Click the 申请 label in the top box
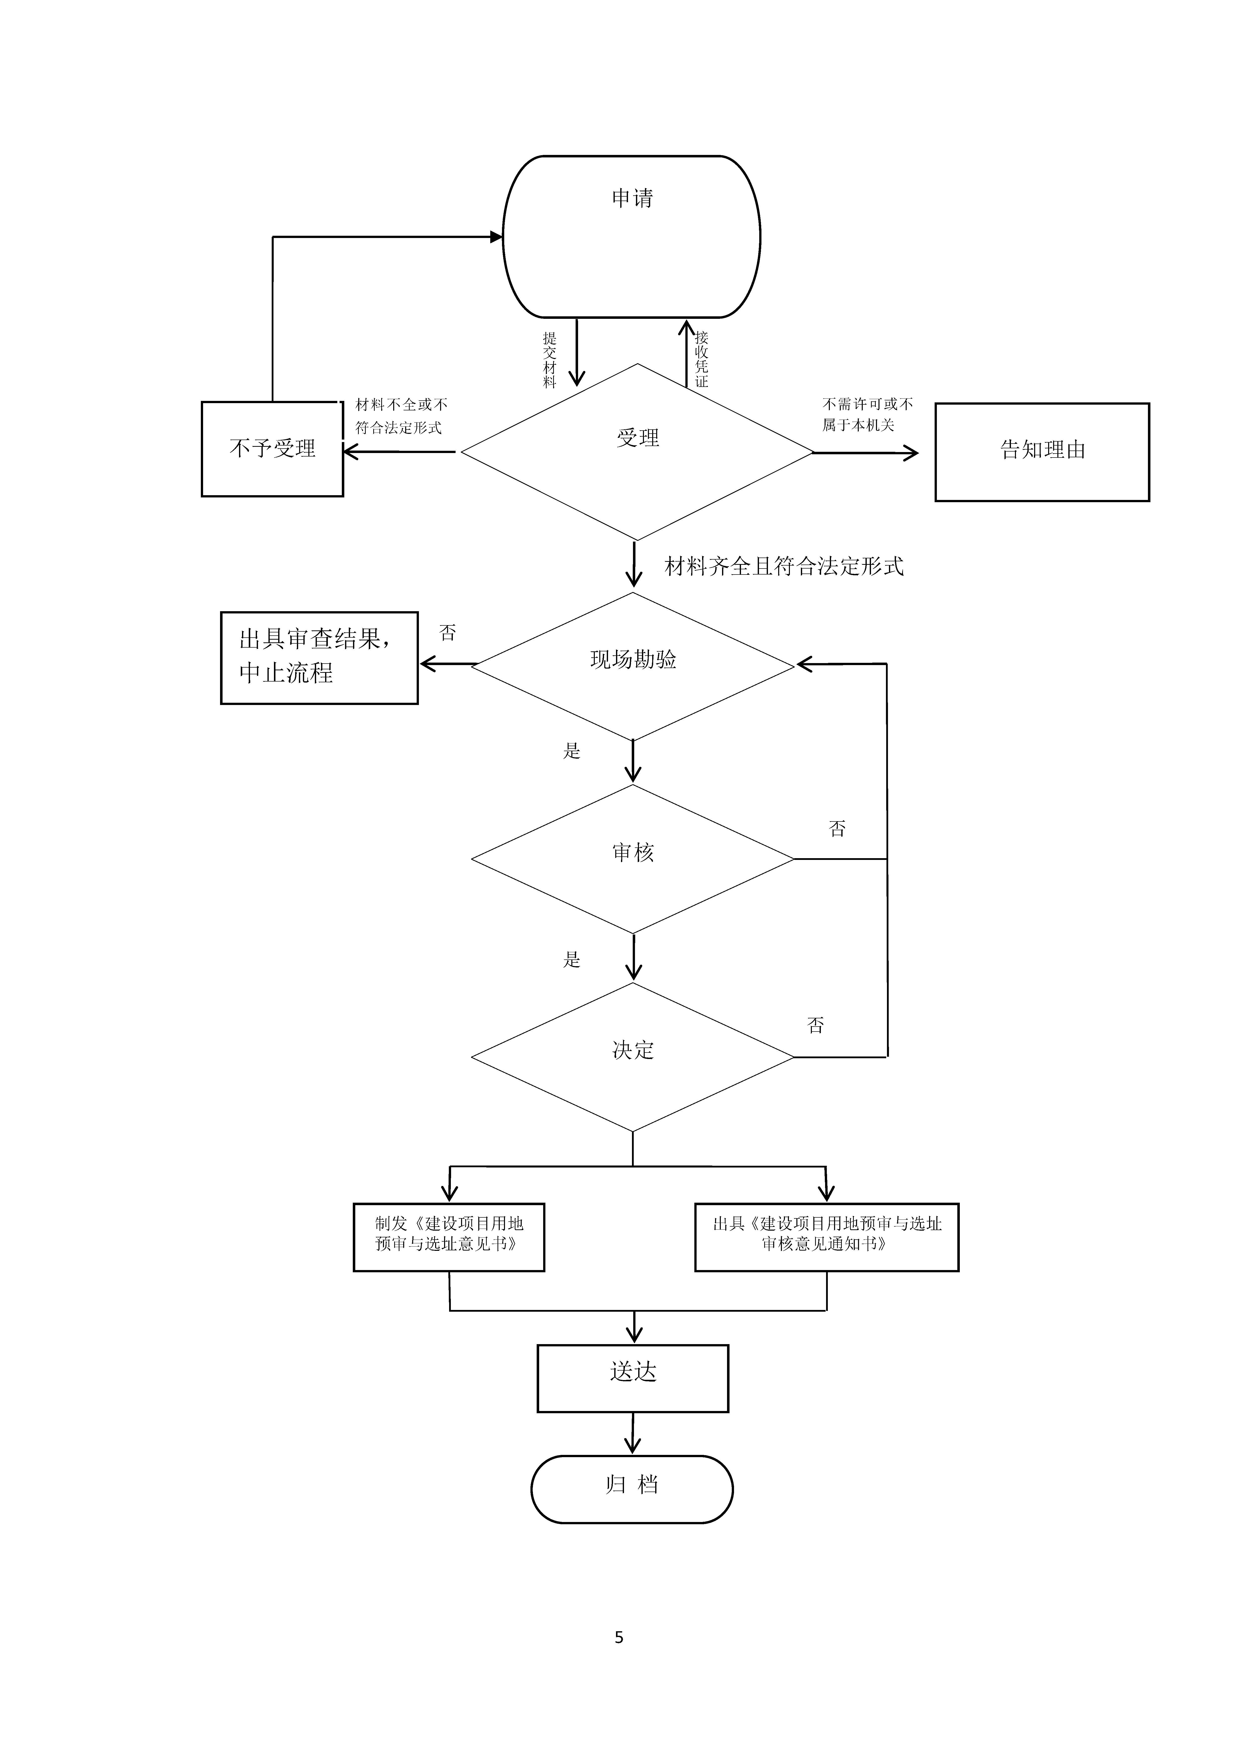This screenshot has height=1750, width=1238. pos(632,198)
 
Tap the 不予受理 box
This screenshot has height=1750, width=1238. pos(272,449)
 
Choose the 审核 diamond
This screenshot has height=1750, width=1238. pos(633,857)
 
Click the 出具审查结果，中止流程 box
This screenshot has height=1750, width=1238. pos(319,657)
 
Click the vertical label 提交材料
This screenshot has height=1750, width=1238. pos(550,360)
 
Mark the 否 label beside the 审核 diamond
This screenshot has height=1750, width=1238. pos(837,828)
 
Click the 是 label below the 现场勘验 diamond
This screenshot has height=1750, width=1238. pos(572,751)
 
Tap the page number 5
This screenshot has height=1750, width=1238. pos(619,1637)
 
